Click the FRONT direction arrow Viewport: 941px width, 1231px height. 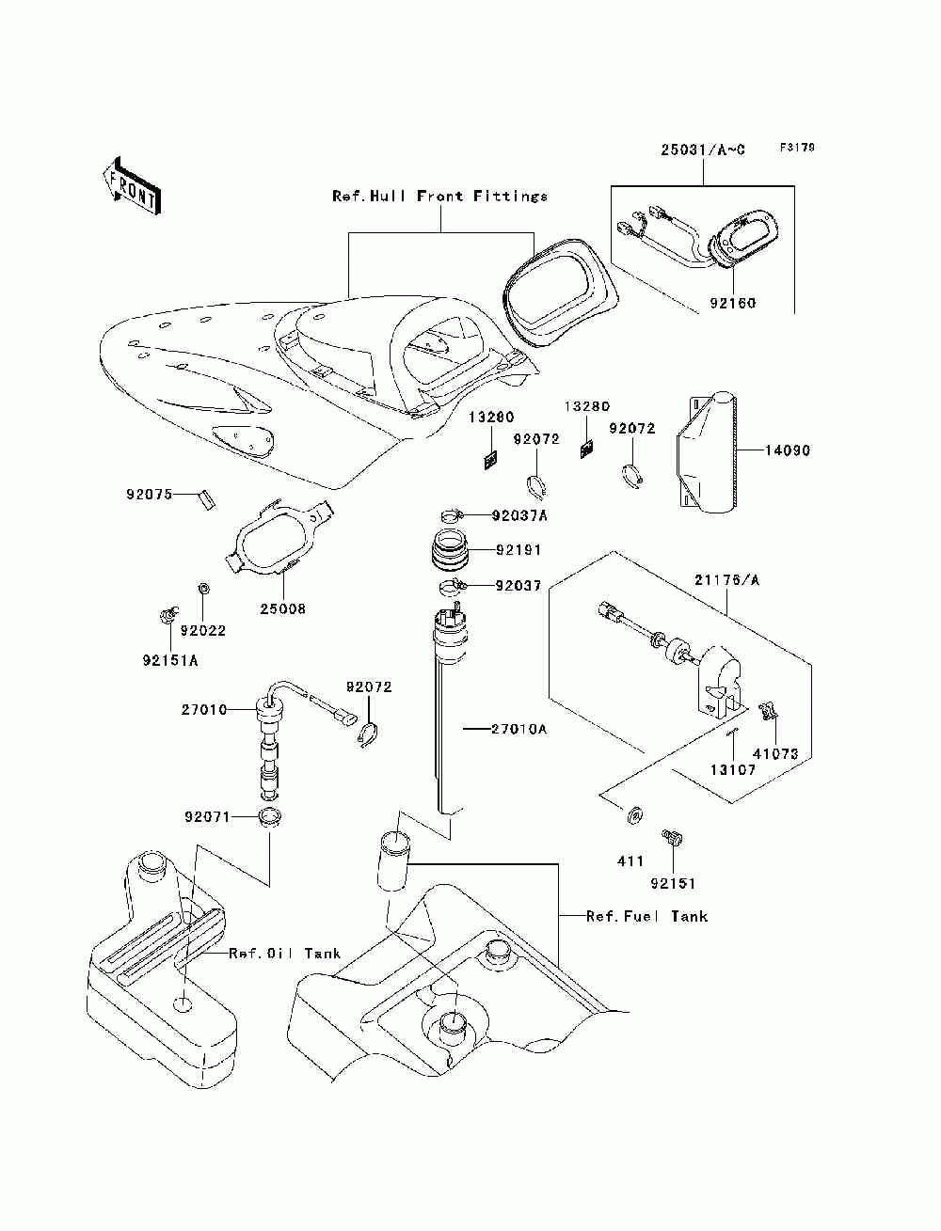click(133, 186)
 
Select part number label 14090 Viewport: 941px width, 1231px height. click(788, 450)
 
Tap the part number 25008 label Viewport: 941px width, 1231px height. click(283, 608)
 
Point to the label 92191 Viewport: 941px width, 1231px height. click(518, 550)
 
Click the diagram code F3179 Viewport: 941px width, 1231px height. click(797, 148)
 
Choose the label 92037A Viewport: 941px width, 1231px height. click(519, 515)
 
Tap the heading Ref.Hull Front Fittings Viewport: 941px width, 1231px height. click(440, 196)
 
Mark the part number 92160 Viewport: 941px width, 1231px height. click(733, 304)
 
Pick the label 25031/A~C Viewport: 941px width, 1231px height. click(703, 150)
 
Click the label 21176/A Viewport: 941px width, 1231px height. click(726, 580)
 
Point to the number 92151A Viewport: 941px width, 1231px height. click(170, 661)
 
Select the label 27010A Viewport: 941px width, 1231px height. click(519, 729)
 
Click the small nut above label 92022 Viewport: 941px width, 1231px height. click(203, 589)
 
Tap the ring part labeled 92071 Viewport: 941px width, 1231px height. click(270, 816)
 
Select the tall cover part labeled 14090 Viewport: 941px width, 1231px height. click(706, 452)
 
